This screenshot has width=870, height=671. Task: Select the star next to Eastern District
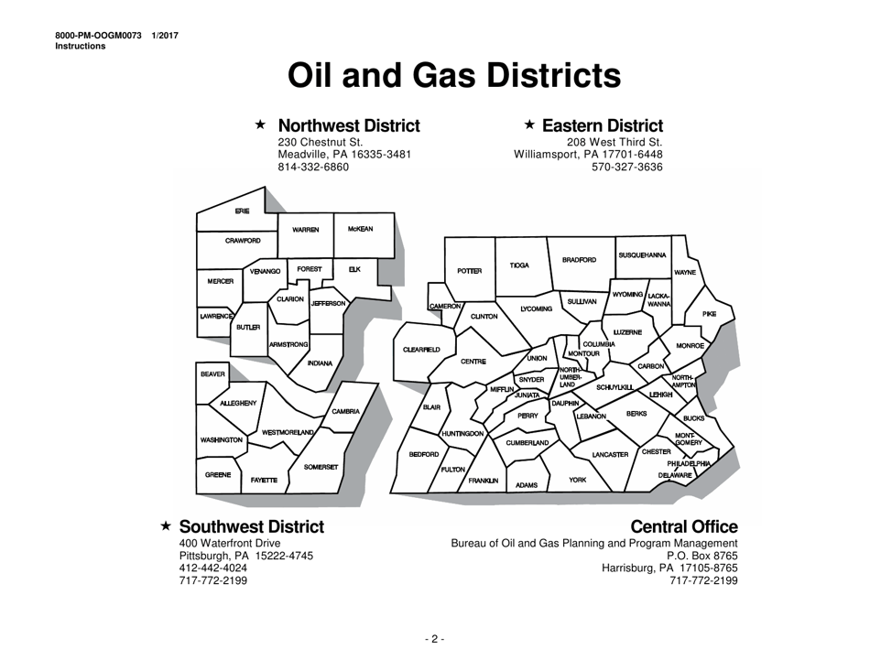(x=529, y=124)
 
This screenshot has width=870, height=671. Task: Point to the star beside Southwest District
(x=166, y=527)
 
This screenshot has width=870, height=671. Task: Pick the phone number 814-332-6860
(x=312, y=168)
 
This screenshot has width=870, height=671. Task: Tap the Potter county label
(x=469, y=271)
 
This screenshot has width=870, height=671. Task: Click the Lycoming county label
(x=536, y=309)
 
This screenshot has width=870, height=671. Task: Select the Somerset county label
(x=321, y=468)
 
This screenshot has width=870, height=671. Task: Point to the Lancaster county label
(x=610, y=454)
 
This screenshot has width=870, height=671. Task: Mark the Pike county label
(x=709, y=314)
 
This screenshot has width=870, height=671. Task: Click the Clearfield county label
(x=421, y=349)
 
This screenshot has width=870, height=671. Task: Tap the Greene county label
(x=218, y=475)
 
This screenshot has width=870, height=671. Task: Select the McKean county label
(x=360, y=229)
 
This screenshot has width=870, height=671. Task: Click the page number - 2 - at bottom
(x=434, y=638)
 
